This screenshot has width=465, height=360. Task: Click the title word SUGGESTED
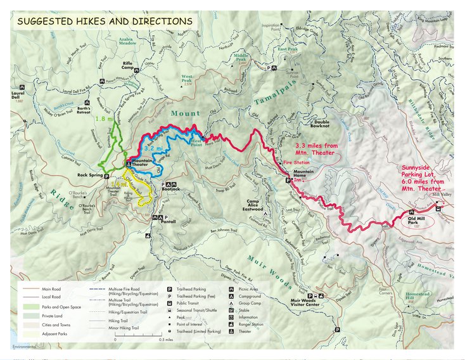[43, 21]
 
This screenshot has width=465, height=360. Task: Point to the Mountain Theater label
[146, 164]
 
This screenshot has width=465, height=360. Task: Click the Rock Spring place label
[90, 176]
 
